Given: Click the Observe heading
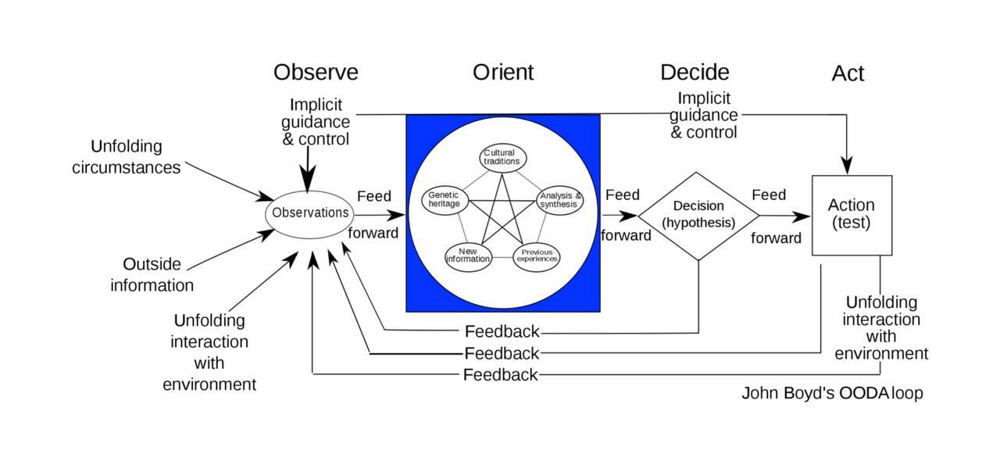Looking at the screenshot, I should [x=316, y=73].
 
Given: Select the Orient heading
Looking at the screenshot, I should [x=503, y=73].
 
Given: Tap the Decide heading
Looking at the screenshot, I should [x=695, y=73].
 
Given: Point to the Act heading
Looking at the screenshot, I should [x=848, y=73].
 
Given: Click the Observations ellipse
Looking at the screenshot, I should [x=309, y=213].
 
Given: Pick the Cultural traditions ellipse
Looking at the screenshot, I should [x=502, y=157].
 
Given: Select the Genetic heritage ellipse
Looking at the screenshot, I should [x=445, y=199].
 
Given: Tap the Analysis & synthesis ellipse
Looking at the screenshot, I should [x=560, y=200].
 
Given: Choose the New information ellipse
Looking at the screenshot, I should [x=468, y=256].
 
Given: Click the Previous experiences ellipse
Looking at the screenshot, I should [x=537, y=256].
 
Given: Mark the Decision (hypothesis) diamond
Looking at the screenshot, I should [x=698, y=215].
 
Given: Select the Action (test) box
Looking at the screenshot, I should [x=852, y=215].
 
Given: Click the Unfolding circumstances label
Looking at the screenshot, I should [x=127, y=157].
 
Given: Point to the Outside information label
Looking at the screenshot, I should [x=152, y=274].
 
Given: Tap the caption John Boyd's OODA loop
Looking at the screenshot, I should [x=832, y=393].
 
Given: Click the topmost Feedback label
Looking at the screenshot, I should [x=502, y=332].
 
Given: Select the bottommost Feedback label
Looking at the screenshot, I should [x=500, y=375].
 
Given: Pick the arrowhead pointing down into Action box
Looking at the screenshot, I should [x=847, y=166].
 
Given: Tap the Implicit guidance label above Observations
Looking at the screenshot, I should [x=316, y=122].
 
